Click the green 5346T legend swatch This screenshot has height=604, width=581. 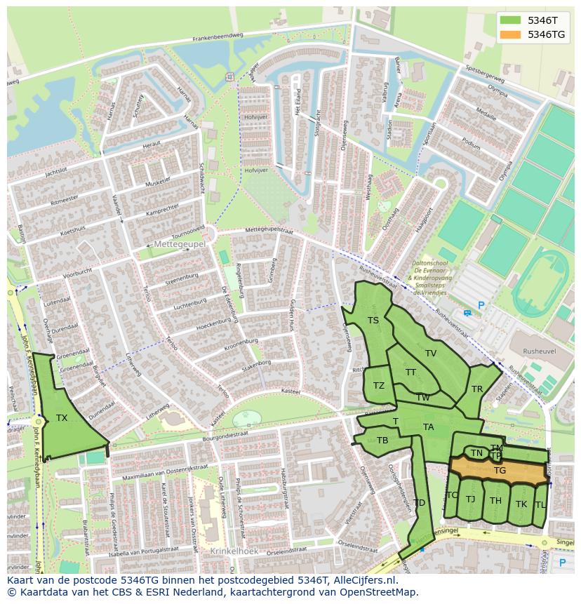click(510, 20)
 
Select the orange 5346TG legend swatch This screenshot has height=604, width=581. click(510, 34)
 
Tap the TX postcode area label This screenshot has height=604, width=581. click(62, 418)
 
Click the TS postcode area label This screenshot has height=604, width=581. click(373, 321)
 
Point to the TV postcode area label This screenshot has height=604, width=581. click(431, 354)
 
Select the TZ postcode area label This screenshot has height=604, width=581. click(379, 386)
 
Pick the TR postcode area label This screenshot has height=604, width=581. click(477, 389)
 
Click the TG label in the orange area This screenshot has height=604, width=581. click(500, 471)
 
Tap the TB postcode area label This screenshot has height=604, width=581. click(382, 441)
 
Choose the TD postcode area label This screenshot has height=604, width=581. click(419, 503)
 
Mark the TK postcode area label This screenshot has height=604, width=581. click(521, 504)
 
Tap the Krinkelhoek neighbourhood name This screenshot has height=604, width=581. click(234, 551)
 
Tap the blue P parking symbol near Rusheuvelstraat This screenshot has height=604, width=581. click(481, 306)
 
